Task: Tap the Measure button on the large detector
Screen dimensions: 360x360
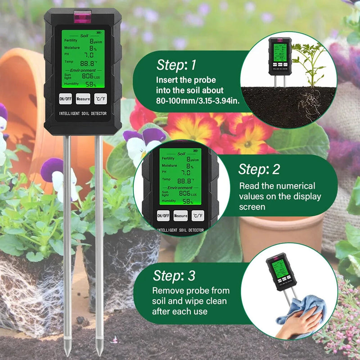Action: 83,98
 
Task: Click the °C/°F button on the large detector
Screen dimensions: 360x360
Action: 100,98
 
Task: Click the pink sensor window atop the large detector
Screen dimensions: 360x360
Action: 82,17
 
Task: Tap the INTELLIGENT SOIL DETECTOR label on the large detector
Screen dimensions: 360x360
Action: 83,113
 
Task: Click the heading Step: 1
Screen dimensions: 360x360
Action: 176,65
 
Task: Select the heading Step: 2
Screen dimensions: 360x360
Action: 259,169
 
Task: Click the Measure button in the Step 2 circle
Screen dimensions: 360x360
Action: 180,216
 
